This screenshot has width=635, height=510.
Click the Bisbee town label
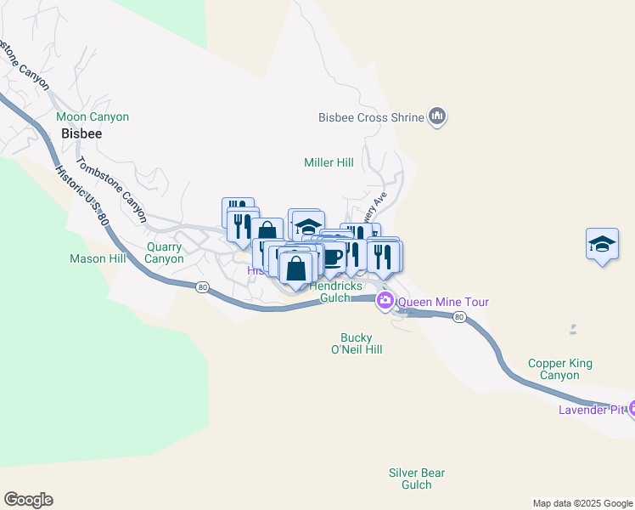coord(81,134)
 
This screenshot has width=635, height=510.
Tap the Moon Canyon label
coord(93,116)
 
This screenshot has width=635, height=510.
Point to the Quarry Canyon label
coord(164,252)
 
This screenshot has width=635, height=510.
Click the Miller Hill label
coord(329,162)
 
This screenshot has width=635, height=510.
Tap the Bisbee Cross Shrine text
coord(370,117)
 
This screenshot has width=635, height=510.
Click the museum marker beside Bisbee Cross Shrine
coord(437,116)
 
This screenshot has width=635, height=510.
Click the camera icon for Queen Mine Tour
coord(385,300)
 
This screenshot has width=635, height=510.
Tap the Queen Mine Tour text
coord(443,302)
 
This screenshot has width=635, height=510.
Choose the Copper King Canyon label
coord(559,369)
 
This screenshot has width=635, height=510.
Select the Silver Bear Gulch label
coord(416,479)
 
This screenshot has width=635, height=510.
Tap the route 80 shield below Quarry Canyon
coord(202,287)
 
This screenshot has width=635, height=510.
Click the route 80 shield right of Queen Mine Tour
coord(458,317)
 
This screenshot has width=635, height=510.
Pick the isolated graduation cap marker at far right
coord(602,245)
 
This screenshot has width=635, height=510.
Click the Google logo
coord(28,500)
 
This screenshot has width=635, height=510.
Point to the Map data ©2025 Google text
coord(582,503)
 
